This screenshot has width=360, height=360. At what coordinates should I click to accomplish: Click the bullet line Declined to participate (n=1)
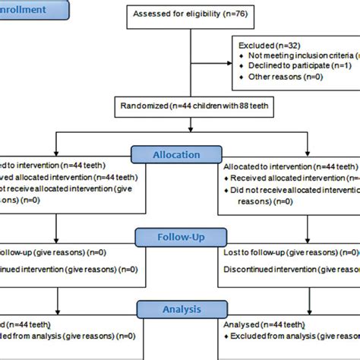(x=292, y=65)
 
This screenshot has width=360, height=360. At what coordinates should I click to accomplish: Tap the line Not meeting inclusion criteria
(x=300, y=55)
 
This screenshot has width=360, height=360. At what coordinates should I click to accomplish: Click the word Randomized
(x=144, y=106)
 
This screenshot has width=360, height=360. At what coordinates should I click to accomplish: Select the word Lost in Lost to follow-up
(x=231, y=250)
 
